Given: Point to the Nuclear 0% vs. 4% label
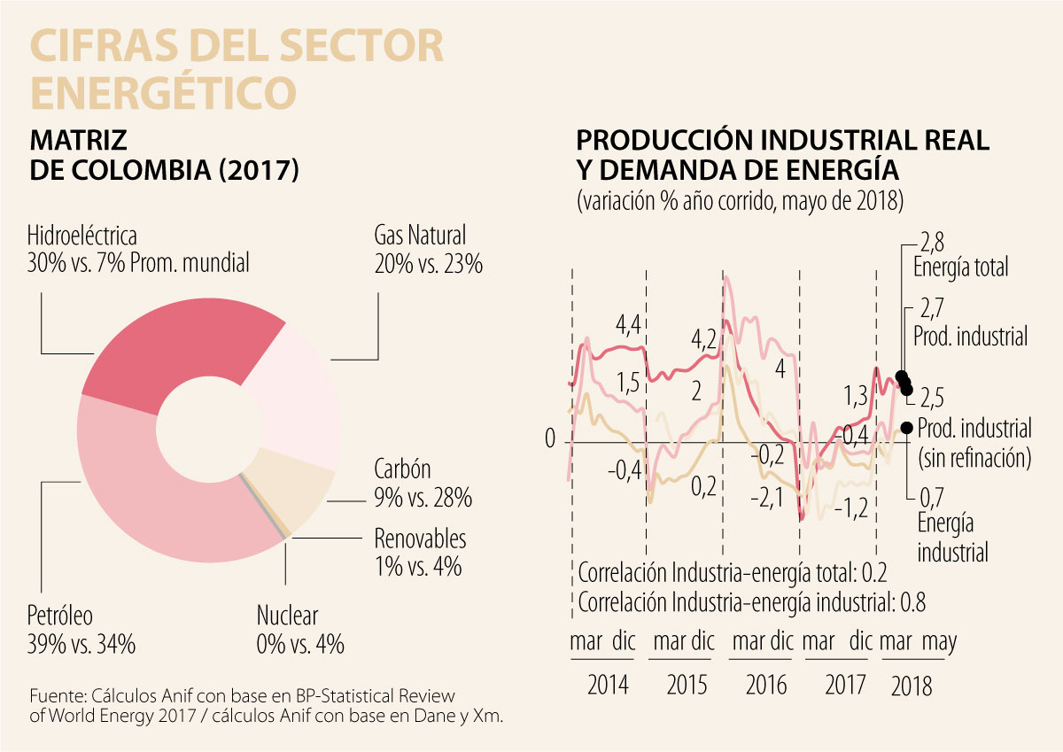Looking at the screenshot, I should coord(299,629).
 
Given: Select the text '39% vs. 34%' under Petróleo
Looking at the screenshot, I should coord(82,644).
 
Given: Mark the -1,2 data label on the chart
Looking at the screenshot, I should coord(850,508).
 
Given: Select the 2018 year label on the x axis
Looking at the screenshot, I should coord(912,685).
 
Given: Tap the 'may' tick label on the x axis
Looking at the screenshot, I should coord(939,641).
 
